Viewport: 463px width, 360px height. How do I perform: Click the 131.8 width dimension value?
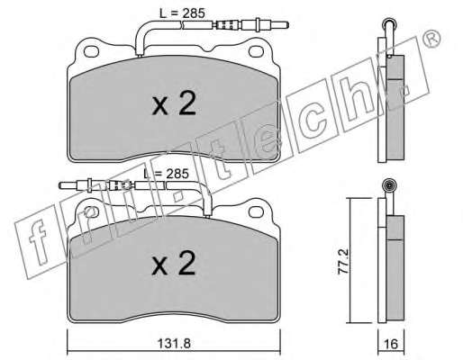[x=174, y=343]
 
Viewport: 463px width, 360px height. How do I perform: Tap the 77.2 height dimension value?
[x=343, y=261]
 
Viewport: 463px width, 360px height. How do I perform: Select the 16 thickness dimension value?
[x=391, y=344]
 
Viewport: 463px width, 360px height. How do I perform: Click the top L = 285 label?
[x=182, y=13]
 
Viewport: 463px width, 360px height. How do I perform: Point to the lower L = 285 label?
[x=166, y=174]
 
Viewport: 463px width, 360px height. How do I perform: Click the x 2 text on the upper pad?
[x=174, y=103]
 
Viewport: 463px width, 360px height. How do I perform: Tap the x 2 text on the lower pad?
[x=174, y=264]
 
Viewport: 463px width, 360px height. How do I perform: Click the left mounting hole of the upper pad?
[x=91, y=51]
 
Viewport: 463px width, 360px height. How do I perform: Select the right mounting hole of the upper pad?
[x=256, y=51]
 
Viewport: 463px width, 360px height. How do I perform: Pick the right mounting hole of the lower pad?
[x=256, y=212]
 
